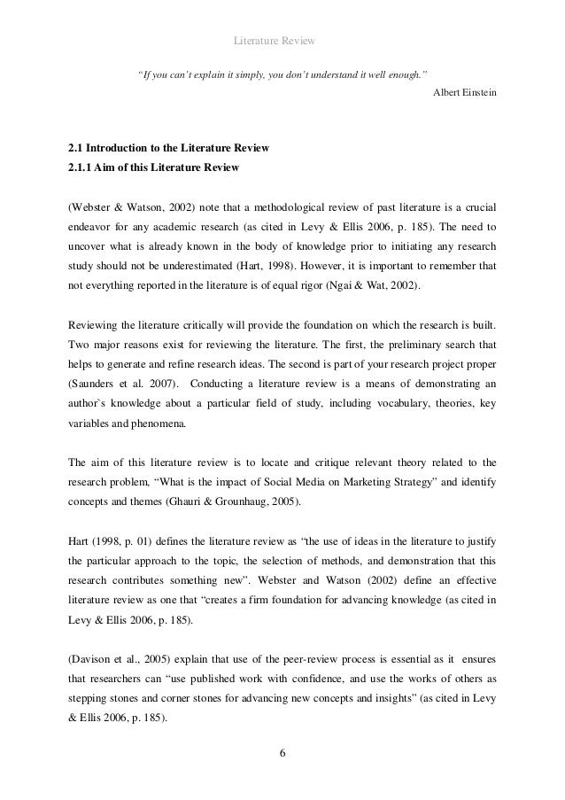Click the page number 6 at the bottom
click(x=282, y=754)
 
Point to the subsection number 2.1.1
click(x=82, y=166)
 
